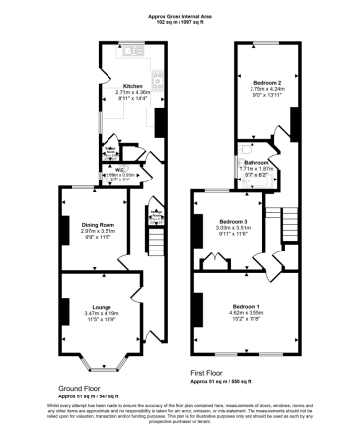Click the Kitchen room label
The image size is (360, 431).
(131, 86)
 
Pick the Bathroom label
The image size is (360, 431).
(258, 162)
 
